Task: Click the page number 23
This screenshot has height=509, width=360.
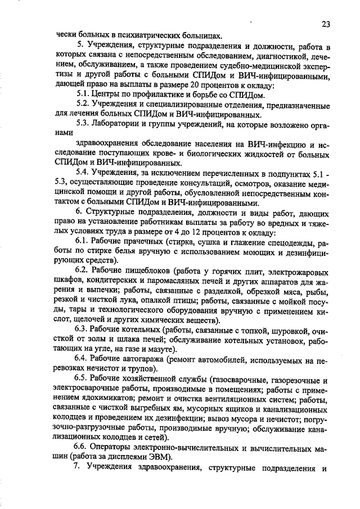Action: [x=327, y=24]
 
